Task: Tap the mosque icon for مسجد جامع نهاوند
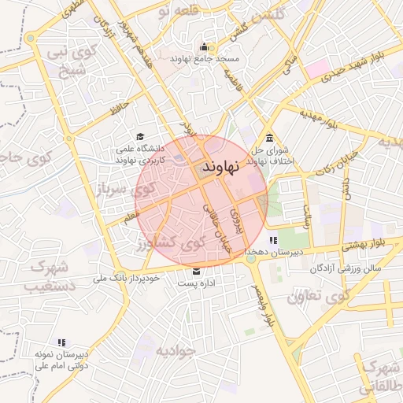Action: pos(205,46)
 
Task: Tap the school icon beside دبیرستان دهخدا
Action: pos(272,240)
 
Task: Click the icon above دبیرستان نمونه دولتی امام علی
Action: pos(61,342)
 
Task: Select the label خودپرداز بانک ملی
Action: pos(127,278)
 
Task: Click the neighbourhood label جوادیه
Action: pos(174,349)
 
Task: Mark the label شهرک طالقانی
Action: pos(379,376)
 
